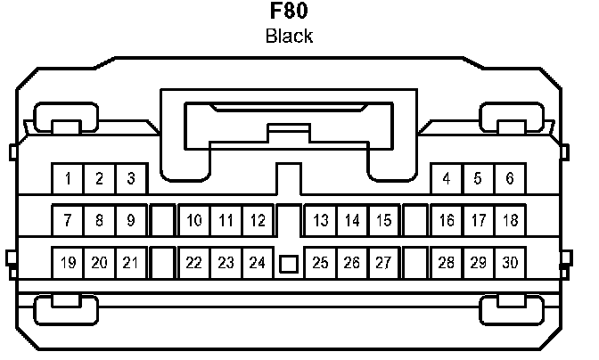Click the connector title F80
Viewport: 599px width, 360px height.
tap(289, 13)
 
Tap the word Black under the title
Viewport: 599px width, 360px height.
tap(289, 37)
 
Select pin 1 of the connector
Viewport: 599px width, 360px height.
tap(68, 179)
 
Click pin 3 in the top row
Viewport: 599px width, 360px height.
tap(130, 179)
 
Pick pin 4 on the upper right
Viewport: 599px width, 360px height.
tap(447, 179)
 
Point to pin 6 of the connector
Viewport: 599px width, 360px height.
tap(509, 179)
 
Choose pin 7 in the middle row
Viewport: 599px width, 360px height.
tap(68, 220)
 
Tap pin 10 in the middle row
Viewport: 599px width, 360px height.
tap(194, 220)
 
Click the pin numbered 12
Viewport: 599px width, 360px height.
tap(257, 220)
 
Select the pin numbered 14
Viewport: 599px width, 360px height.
tap(352, 220)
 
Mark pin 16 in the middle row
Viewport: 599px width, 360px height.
tap(447, 220)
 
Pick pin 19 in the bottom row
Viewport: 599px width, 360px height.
tap(68, 263)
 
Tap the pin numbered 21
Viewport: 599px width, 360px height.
tap(130, 263)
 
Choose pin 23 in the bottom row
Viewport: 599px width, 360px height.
tap(226, 263)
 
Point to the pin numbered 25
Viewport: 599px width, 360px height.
tap(321, 263)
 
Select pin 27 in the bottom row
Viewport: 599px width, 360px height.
tap(383, 263)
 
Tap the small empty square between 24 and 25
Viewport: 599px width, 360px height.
tap(288, 264)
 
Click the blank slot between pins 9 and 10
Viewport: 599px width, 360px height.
tap(162, 220)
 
